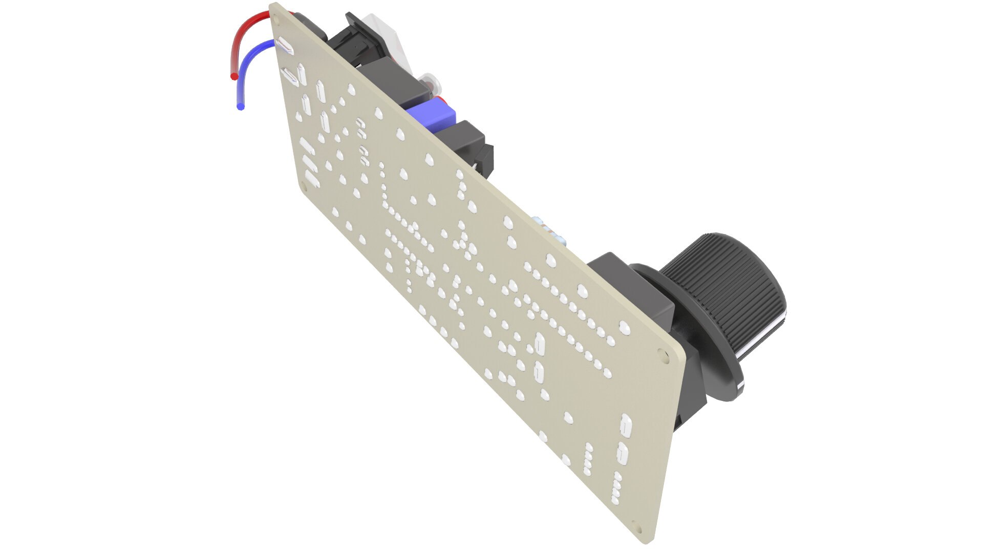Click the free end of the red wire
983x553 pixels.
tap(234, 77)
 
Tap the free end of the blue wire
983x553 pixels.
tap(241, 107)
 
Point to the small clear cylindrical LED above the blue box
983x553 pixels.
tap(427, 82)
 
